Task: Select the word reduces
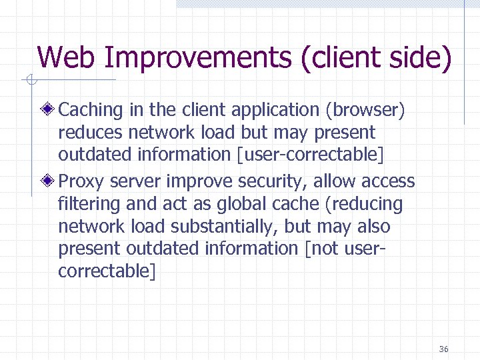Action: (x=90, y=133)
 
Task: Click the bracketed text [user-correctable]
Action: (x=311, y=155)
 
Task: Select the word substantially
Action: (x=222, y=226)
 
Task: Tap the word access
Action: (x=387, y=181)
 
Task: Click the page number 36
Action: (x=444, y=349)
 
